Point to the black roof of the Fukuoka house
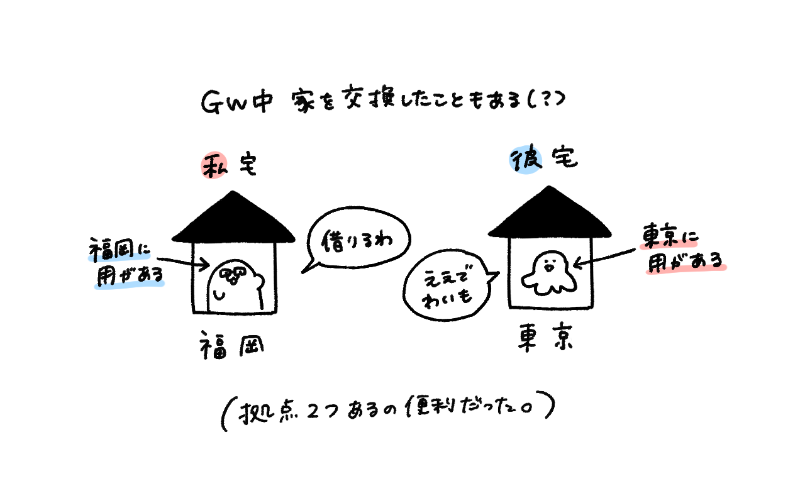[x=233, y=220]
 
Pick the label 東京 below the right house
[x=545, y=340]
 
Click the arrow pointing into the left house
[x=182, y=262]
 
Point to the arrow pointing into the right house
[x=608, y=258]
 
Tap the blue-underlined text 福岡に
[x=119, y=250]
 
